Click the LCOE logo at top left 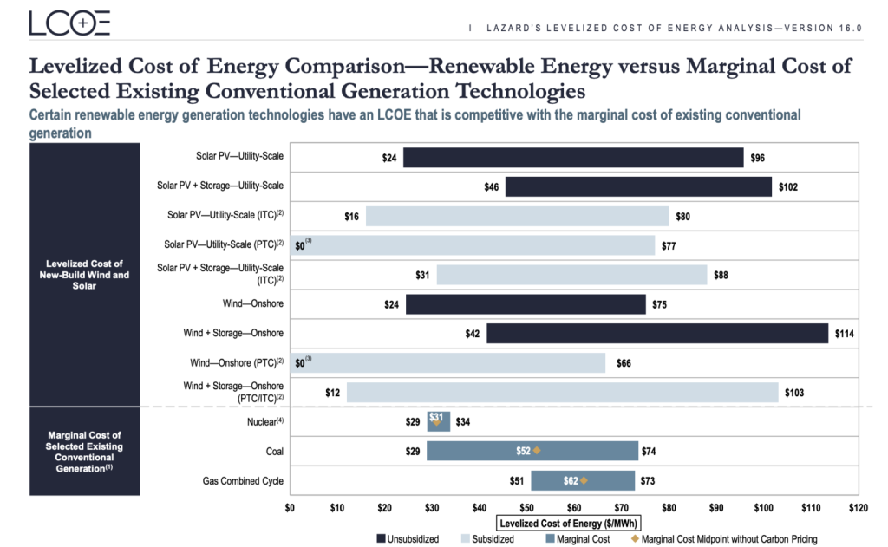pyautogui.click(x=69, y=23)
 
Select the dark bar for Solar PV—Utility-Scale pyautogui.click(x=573, y=158)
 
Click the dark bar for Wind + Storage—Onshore pyautogui.click(x=656, y=333)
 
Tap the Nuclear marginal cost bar pyautogui.click(x=439, y=422)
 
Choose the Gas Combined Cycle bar pyautogui.click(x=583, y=480)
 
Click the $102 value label pyautogui.click(x=788, y=187)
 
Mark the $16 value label pyautogui.click(x=351, y=217)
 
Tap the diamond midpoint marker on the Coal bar pyautogui.click(x=537, y=451)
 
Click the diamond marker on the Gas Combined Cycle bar pyautogui.click(x=584, y=480)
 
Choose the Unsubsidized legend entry pyautogui.click(x=408, y=539)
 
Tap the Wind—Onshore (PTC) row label pyautogui.click(x=237, y=362)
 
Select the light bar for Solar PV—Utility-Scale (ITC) pyautogui.click(x=517, y=217)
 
